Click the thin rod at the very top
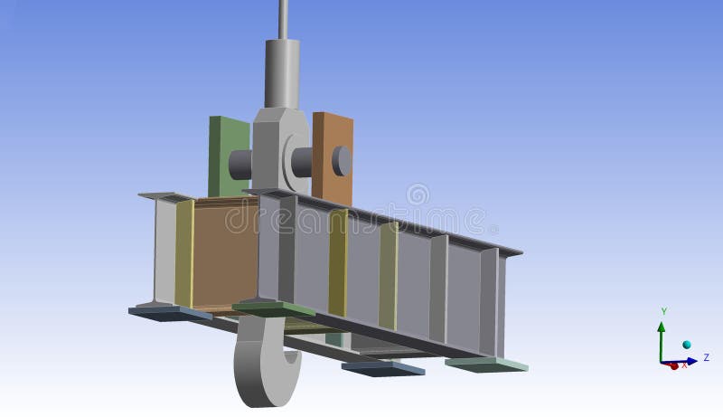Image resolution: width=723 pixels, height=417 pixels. point(284,18)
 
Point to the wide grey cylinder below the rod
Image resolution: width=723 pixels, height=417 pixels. point(282,72)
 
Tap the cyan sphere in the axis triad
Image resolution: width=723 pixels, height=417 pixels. point(687,346)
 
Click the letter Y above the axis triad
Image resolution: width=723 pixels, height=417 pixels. point(663,311)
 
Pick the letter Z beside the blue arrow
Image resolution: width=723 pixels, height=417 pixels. point(706,358)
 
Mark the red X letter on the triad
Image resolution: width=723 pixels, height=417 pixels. point(684,365)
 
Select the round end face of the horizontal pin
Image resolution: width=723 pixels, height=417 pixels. point(342,161)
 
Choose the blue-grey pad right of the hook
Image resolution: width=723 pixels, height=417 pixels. point(383,368)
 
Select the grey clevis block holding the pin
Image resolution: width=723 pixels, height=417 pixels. point(276,149)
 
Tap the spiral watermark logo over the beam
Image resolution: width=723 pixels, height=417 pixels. point(417,194)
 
